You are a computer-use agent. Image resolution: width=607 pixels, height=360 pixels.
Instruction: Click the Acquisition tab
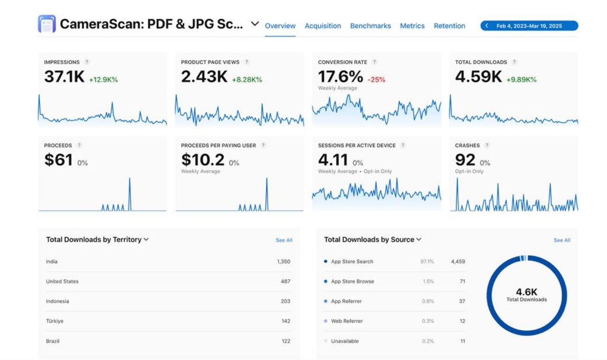(x=322, y=26)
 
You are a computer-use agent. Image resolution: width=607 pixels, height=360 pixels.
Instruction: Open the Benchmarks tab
(x=370, y=26)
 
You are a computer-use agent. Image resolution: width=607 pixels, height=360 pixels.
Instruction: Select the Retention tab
(x=449, y=26)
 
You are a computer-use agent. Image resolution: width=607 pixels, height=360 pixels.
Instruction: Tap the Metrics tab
(x=412, y=26)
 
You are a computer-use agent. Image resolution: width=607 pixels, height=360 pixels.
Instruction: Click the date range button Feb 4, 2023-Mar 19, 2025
(x=529, y=26)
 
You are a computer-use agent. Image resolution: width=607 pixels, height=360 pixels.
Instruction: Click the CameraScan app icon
(x=46, y=24)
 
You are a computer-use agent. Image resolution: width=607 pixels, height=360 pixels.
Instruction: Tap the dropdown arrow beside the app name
(x=255, y=24)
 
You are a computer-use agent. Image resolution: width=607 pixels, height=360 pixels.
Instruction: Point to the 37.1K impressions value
(x=64, y=77)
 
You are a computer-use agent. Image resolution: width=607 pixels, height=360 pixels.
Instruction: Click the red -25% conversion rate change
(x=376, y=80)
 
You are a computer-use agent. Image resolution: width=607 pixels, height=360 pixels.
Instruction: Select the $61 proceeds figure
(x=58, y=160)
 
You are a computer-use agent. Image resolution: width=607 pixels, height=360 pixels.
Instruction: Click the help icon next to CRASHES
(x=487, y=146)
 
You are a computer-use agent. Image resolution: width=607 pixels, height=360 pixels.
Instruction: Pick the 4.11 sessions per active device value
(x=333, y=160)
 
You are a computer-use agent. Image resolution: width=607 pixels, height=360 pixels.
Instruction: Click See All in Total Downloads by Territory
(x=284, y=240)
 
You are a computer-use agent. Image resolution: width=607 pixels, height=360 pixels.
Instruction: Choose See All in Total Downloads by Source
(x=561, y=240)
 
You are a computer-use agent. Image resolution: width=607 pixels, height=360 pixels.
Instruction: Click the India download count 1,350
(x=284, y=261)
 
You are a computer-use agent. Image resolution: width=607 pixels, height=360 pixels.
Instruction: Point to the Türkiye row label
(x=55, y=321)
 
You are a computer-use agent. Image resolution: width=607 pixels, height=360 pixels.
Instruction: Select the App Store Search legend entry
(x=352, y=261)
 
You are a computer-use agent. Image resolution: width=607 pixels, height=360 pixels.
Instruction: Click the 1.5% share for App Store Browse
(x=428, y=281)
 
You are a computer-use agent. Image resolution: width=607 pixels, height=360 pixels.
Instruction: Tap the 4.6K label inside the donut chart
(x=526, y=292)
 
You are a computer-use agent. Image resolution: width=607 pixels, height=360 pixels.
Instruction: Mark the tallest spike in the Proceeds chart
(x=129, y=179)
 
